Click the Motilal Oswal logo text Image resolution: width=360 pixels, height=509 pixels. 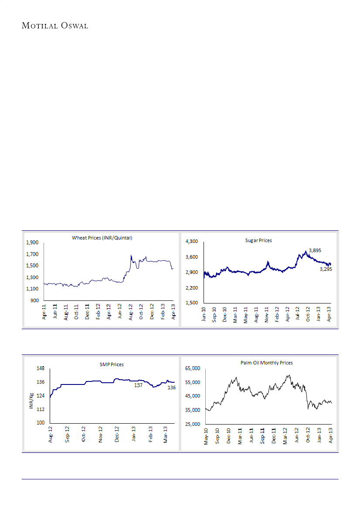point(54,26)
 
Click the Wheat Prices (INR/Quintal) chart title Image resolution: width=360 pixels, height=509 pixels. point(102,238)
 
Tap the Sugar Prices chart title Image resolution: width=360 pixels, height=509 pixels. point(258,240)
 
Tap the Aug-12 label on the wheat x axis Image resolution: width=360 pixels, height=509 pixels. point(130,312)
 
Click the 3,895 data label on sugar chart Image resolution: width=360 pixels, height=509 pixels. point(315,250)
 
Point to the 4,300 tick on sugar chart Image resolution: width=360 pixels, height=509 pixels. point(192,241)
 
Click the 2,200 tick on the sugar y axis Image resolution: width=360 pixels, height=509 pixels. point(192,288)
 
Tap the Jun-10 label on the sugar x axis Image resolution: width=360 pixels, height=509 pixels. point(204,314)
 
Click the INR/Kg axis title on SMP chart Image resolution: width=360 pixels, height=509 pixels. point(31,401)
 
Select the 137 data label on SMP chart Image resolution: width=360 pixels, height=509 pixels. point(138,386)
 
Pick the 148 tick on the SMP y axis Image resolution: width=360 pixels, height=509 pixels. point(41,368)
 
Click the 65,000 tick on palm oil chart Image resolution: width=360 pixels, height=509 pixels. point(192,368)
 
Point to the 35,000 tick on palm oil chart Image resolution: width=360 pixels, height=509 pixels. point(192,410)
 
